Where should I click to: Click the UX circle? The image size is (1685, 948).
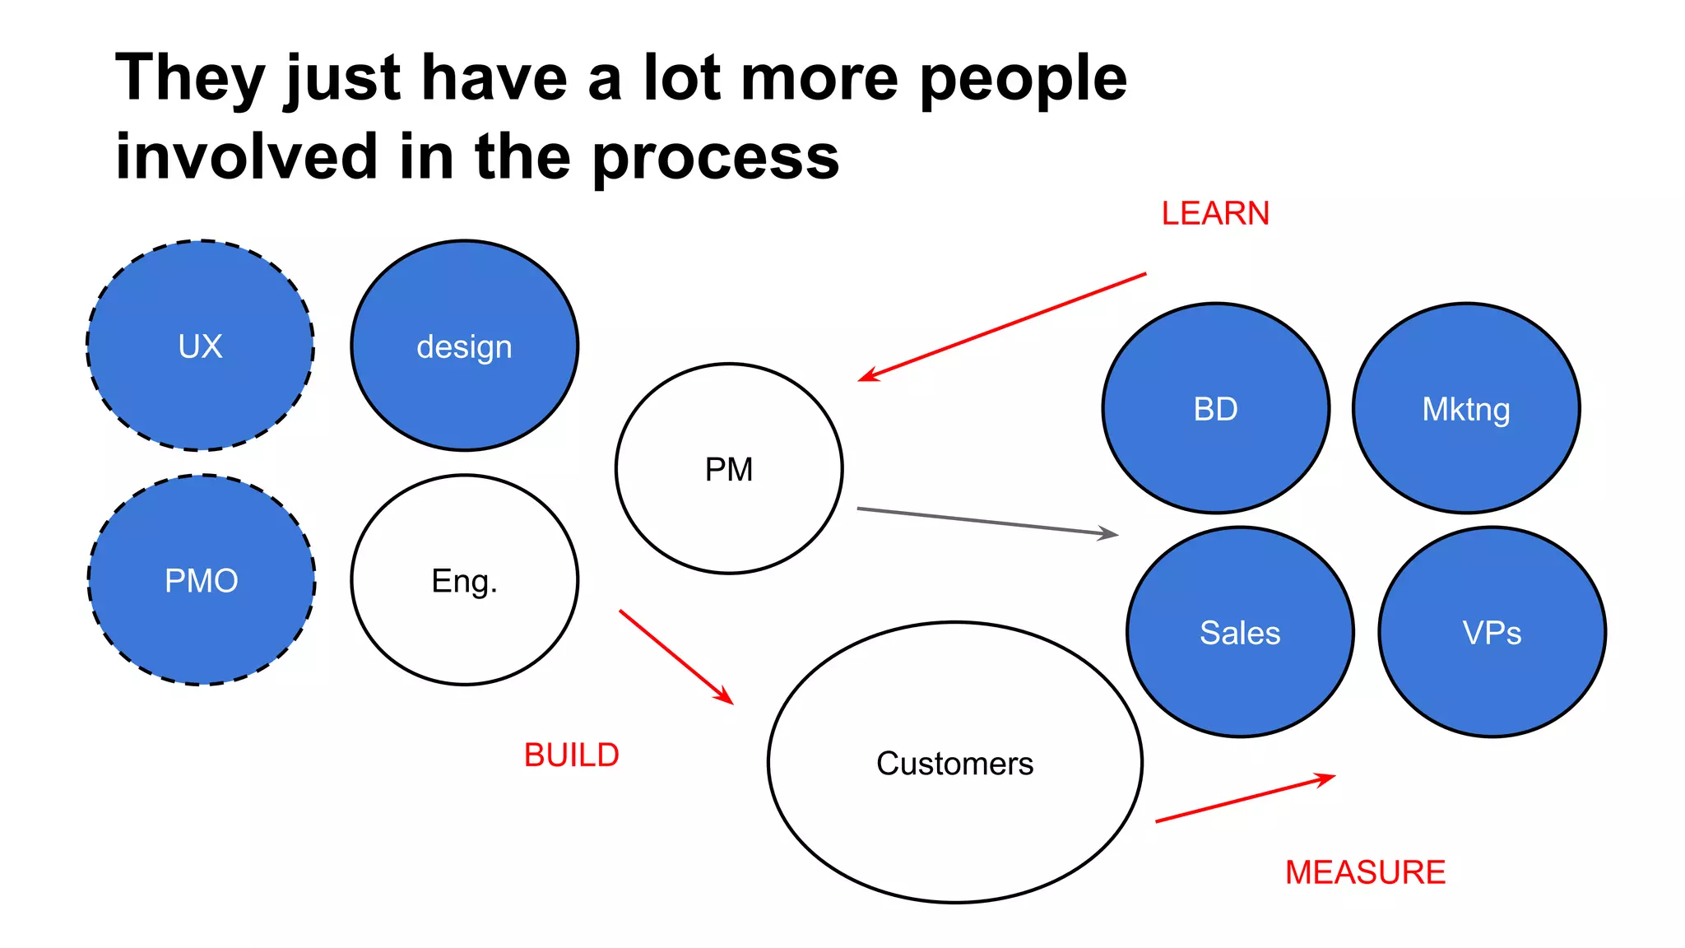coord(201,346)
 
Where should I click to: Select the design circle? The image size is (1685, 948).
coord(465,346)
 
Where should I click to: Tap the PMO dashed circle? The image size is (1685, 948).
coord(202,580)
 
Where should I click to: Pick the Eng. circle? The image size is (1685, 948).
coord(465,580)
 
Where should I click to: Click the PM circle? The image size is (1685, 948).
coord(729,469)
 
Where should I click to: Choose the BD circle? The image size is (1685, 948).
coord(1216,408)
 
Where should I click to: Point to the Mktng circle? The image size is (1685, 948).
coord(1466,408)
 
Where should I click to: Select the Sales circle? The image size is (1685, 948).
coord(1240,632)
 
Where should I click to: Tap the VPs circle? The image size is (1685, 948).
coord(1492,632)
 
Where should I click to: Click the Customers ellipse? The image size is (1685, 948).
coord(954,763)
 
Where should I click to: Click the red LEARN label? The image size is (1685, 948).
coord(1215,214)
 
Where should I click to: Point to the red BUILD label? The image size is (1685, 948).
coord(572,755)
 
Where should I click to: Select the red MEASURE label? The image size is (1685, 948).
coord(1365,872)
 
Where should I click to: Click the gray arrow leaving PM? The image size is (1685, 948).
coord(987,522)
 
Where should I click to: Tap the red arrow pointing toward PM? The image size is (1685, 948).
coord(1002,327)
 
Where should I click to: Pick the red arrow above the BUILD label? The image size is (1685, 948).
coord(675,657)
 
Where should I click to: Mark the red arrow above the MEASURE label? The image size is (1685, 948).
coord(1245,798)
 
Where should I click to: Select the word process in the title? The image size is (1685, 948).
coord(716,158)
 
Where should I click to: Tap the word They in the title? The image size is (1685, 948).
coord(190,78)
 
